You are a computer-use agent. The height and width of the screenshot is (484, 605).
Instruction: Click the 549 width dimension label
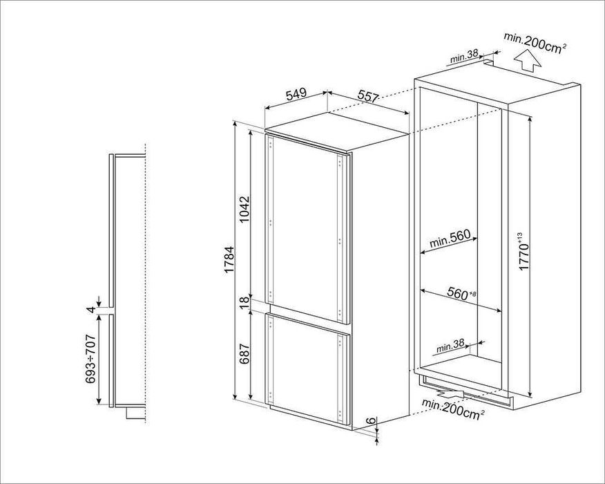(296, 93)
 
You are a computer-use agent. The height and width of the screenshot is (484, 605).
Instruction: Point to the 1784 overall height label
(229, 259)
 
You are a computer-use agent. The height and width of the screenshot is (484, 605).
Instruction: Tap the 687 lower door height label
(244, 353)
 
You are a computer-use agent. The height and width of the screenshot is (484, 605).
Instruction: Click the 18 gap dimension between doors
(244, 303)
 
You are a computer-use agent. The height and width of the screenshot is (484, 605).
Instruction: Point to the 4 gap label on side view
(91, 309)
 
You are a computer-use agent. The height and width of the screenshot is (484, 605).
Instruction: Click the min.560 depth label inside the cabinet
(450, 239)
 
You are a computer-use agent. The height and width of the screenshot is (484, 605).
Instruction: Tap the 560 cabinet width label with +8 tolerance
(461, 293)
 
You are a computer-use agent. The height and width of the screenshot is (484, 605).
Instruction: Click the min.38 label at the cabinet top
(464, 57)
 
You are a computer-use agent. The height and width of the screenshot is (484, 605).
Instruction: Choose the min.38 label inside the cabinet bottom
(450, 347)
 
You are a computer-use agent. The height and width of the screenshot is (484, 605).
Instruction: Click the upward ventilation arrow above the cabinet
(528, 62)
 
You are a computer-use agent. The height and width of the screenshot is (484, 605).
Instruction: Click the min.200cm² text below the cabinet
(453, 409)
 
